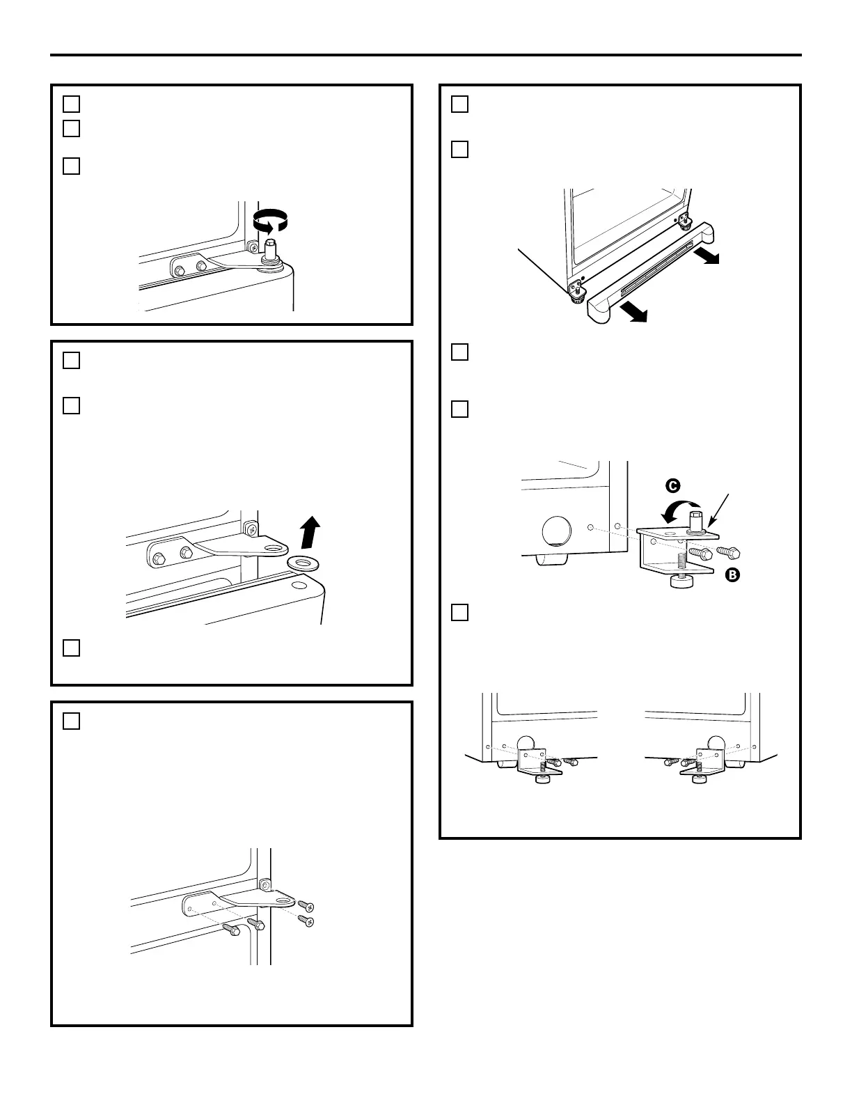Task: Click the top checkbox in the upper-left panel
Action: [72, 104]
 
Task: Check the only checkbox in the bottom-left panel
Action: [72, 721]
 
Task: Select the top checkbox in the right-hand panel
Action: [459, 104]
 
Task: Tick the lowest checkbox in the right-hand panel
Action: [459, 613]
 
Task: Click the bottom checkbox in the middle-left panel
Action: [72, 648]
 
